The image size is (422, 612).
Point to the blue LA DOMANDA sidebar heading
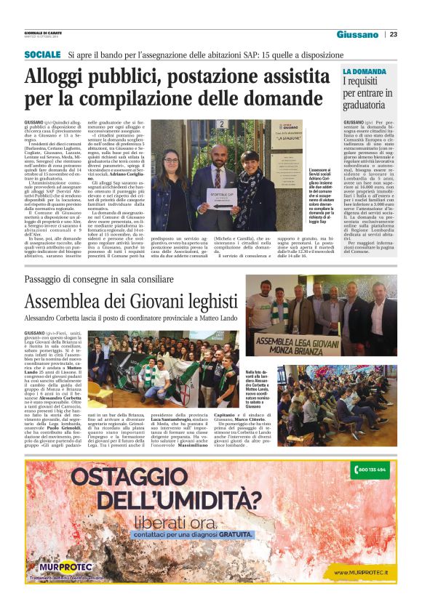(365, 71)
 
